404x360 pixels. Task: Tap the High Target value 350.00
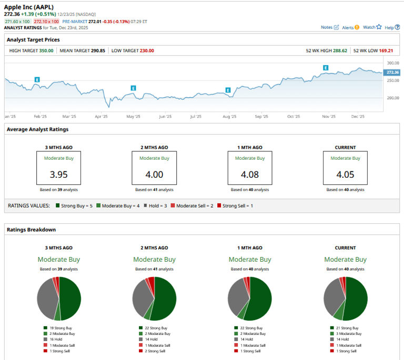pyautogui.click(x=46, y=51)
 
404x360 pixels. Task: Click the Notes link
pyautogui.click(x=327, y=27)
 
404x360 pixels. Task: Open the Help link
pyautogui.click(x=389, y=27)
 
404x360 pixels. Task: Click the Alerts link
pyautogui.click(x=348, y=27)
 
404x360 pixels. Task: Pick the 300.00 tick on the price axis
pyautogui.click(x=392, y=63)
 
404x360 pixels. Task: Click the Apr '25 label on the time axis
pyautogui.click(x=102, y=117)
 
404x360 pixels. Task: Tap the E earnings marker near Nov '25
pyautogui.click(x=326, y=68)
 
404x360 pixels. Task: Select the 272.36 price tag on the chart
pyautogui.click(x=392, y=72)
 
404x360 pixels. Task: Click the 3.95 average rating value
pyautogui.click(x=58, y=174)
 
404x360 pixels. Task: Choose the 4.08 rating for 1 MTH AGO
pyautogui.click(x=250, y=174)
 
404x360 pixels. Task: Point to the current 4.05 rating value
pyautogui.click(x=346, y=174)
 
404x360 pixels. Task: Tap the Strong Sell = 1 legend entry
pyautogui.click(x=237, y=205)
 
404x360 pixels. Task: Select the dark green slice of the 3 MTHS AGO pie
pyautogui.click(x=70, y=297)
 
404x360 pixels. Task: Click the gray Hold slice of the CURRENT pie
pyautogui.click(x=333, y=297)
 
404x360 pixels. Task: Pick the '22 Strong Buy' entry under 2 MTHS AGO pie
pyautogui.click(x=157, y=328)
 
